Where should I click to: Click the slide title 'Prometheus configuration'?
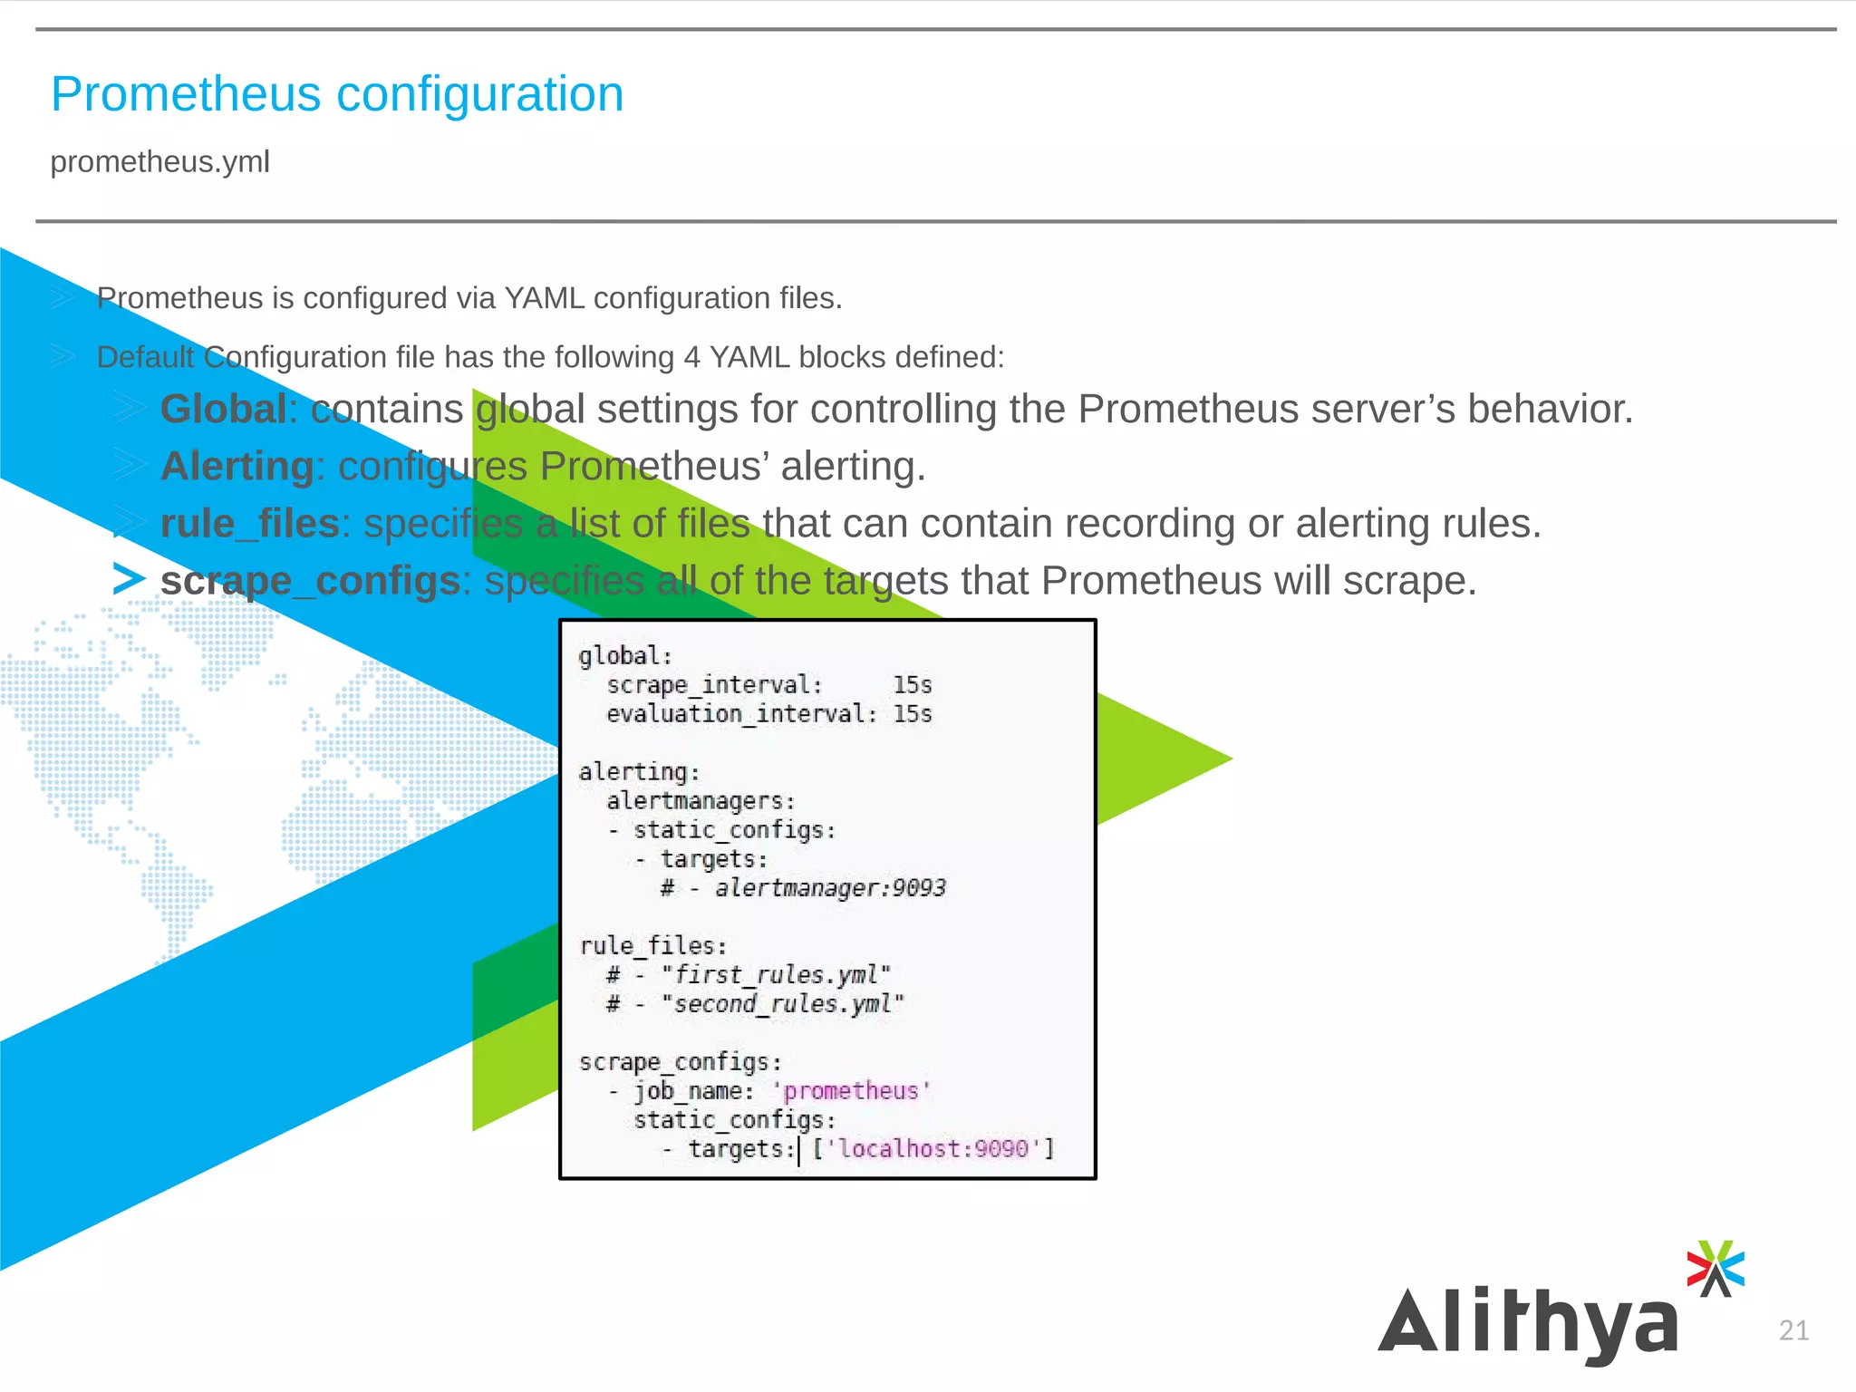(337, 94)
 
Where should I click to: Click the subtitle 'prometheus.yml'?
(159, 161)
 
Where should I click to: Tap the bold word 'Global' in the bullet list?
(224, 409)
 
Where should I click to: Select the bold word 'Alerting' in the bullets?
(237, 466)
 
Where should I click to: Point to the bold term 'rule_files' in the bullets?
(249, 523)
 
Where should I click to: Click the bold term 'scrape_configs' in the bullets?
(310, 580)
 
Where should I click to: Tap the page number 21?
(1793, 1329)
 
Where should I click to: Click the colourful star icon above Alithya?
(1716, 1268)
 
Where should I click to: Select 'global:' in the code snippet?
(625, 655)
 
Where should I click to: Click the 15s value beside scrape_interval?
(912, 684)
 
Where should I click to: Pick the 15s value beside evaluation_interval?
(912, 713)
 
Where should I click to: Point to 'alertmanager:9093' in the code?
(829, 887)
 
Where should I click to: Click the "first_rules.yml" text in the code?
(776, 974)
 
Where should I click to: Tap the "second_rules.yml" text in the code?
(782, 1003)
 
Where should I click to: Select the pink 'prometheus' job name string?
(851, 1090)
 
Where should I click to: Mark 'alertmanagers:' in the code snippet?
(701, 800)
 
